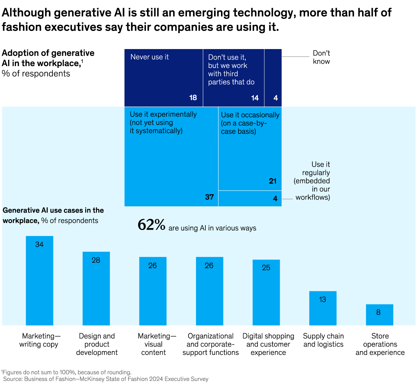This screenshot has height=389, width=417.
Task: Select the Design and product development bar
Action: tap(96, 288)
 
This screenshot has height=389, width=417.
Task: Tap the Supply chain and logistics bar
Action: tap(322, 308)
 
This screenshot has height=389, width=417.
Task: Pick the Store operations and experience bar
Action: tap(379, 315)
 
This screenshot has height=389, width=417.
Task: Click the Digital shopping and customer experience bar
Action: tap(266, 292)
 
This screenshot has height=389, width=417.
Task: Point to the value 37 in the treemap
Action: tap(209, 197)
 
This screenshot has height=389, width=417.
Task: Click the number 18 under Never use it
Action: tap(193, 98)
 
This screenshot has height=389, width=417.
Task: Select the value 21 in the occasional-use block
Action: tap(272, 181)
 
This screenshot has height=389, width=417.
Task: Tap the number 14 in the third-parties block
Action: tap(255, 98)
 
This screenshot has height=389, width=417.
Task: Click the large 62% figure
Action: tap(151, 225)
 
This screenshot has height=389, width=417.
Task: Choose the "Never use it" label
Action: tap(149, 57)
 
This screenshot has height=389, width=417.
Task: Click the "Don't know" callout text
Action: tap(321, 57)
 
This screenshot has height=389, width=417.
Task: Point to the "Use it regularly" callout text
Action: tap(312, 181)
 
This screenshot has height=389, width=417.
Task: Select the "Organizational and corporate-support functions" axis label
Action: tap(211, 344)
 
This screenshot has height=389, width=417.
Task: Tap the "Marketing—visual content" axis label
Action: tap(154, 344)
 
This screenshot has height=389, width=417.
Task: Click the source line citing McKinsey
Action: tap(106, 379)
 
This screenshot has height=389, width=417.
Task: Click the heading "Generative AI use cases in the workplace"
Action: tap(53, 215)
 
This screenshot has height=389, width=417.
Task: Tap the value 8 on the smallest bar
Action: tap(378, 312)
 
